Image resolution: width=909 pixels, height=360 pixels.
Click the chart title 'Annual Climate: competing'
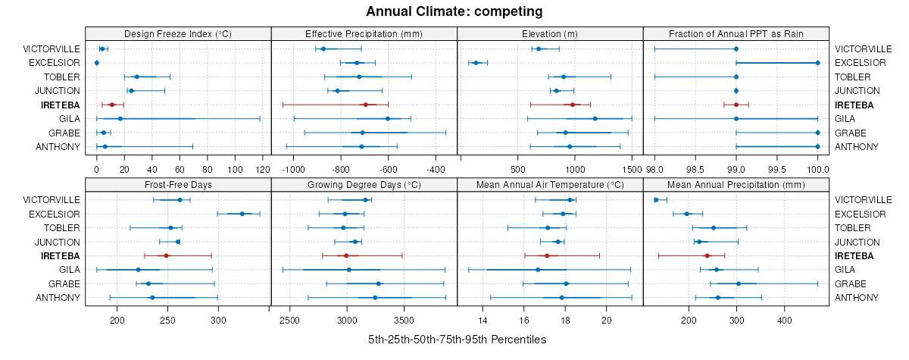tap(454, 11)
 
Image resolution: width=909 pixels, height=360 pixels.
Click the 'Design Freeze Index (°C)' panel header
tap(178, 33)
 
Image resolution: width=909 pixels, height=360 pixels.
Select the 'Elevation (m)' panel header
tap(550, 33)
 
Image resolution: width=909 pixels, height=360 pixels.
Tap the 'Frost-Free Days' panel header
tap(178, 184)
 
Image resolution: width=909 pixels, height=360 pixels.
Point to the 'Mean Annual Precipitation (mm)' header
tap(736, 184)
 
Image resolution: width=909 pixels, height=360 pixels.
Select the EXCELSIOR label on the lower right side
tap(860, 214)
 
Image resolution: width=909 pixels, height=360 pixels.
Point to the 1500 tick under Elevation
tap(632, 169)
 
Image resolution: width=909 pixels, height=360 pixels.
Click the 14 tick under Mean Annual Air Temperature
tap(483, 320)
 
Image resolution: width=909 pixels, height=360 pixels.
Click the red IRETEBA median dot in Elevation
tap(573, 105)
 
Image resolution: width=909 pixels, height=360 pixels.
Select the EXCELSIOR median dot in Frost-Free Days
tap(242, 214)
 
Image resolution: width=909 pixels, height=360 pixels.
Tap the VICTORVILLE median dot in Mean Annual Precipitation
tap(656, 200)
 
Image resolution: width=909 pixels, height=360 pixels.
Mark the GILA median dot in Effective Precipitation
tap(388, 119)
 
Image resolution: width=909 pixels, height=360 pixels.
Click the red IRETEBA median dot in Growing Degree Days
tap(346, 256)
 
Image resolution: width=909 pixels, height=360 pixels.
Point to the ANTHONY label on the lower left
tap(58, 297)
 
